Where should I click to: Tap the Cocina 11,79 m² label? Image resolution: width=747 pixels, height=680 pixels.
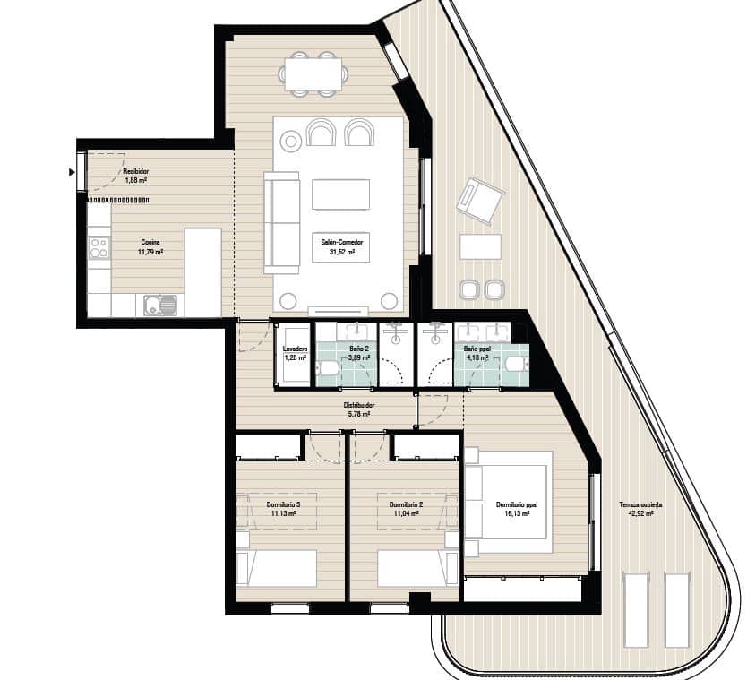tap(150, 247)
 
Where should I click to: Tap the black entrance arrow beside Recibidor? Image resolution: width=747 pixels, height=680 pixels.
tap(72, 171)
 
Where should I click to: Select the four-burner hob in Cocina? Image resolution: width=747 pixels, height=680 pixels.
tap(99, 247)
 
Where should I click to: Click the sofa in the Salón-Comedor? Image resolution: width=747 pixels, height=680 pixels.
tap(282, 223)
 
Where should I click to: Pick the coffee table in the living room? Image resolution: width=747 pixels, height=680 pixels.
tap(340, 194)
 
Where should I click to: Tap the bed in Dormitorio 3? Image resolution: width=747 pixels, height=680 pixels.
tap(277, 568)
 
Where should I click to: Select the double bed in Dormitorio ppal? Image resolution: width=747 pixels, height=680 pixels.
tap(507, 495)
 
